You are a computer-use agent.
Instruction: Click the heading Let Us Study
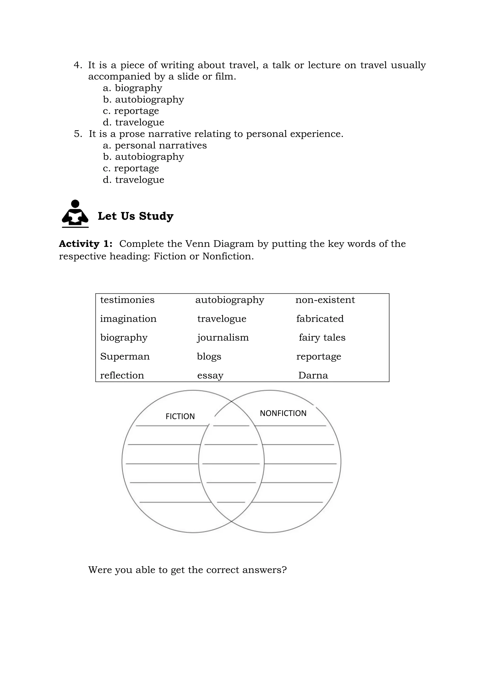135,216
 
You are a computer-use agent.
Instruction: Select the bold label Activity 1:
86,244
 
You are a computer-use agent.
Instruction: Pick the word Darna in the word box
313,375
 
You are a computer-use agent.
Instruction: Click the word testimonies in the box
127,300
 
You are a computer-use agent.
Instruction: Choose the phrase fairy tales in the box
322,337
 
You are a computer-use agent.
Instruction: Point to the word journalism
223,337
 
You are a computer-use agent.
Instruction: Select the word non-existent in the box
325,300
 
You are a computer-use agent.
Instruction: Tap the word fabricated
320,319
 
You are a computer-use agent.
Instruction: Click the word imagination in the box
128,319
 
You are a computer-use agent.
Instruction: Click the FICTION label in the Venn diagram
180,416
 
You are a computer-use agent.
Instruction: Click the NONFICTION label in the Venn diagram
283,413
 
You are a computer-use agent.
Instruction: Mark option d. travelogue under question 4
134,122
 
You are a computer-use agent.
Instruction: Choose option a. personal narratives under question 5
155,145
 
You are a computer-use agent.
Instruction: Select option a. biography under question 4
132,88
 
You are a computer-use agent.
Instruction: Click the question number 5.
78,134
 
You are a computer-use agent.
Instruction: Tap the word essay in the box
210,375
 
